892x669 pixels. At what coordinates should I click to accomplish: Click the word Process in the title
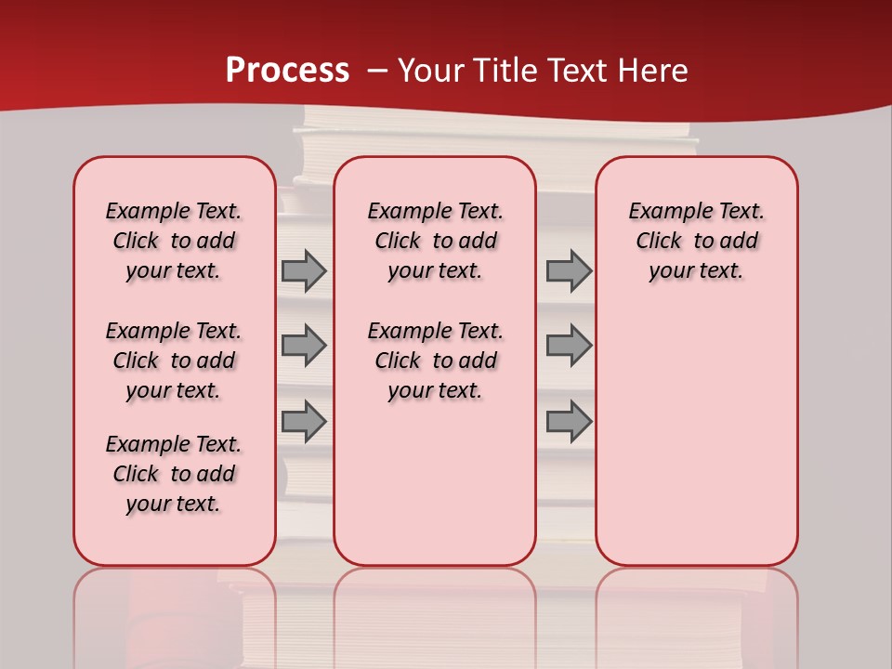pyautogui.click(x=287, y=71)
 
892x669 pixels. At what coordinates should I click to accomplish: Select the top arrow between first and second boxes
pyautogui.click(x=303, y=271)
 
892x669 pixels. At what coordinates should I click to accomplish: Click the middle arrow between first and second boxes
pyautogui.click(x=303, y=346)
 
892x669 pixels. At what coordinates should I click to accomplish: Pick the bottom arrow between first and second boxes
pyautogui.click(x=303, y=422)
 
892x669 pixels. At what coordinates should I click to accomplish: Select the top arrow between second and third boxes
pyautogui.click(x=569, y=271)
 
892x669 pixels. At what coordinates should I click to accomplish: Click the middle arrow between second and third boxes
pyautogui.click(x=569, y=346)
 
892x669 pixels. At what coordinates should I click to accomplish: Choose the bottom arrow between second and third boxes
pyautogui.click(x=569, y=422)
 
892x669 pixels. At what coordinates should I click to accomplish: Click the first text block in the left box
pyautogui.click(x=174, y=241)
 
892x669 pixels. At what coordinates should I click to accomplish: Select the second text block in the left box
pyautogui.click(x=174, y=361)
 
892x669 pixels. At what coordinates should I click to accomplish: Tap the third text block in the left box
pyautogui.click(x=174, y=474)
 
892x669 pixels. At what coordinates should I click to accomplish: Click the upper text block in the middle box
pyautogui.click(x=436, y=241)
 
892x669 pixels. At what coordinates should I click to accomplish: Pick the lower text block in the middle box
pyautogui.click(x=436, y=361)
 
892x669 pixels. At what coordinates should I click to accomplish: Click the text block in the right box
pyautogui.click(x=697, y=241)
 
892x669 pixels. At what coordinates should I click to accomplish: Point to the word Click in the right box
pyautogui.click(x=659, y=242)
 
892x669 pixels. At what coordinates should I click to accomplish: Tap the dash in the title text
pyautogui.click(x=377, y=72)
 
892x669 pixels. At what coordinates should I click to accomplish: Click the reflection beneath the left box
pyautogui.click(x=175, y=613)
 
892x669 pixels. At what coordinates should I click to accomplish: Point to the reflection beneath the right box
pyautogui.click(x=697, y=613)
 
